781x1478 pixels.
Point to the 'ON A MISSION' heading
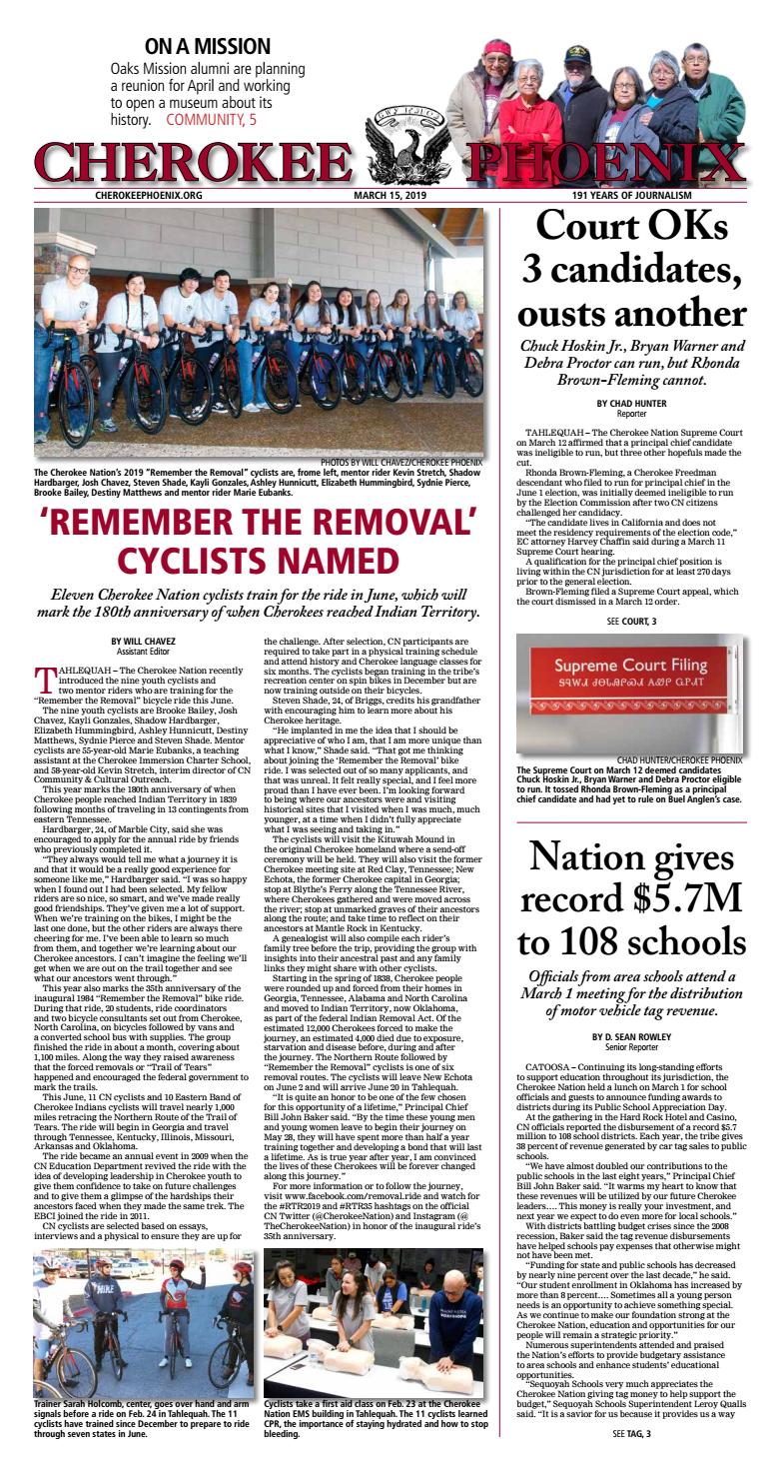coord(207,46)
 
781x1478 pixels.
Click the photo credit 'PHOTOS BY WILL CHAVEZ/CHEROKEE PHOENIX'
coord(401,462)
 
